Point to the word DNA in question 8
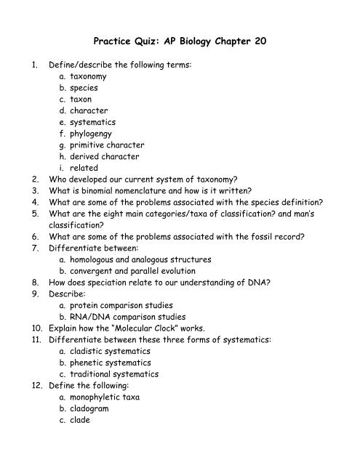287,284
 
